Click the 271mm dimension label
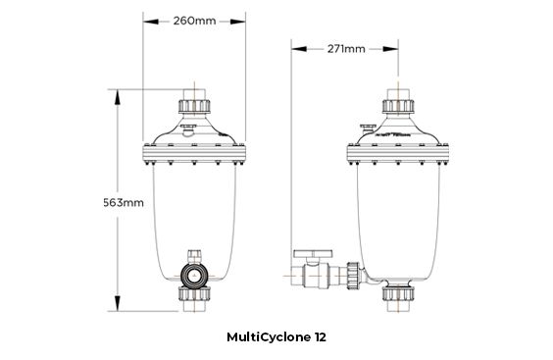[347, 47]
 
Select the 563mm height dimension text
[126, 203]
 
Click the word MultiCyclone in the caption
[265, 336]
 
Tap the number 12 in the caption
[320, 336]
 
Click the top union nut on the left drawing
[192, 104]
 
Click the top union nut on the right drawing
[398, 104]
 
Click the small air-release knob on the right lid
[368, 127]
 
